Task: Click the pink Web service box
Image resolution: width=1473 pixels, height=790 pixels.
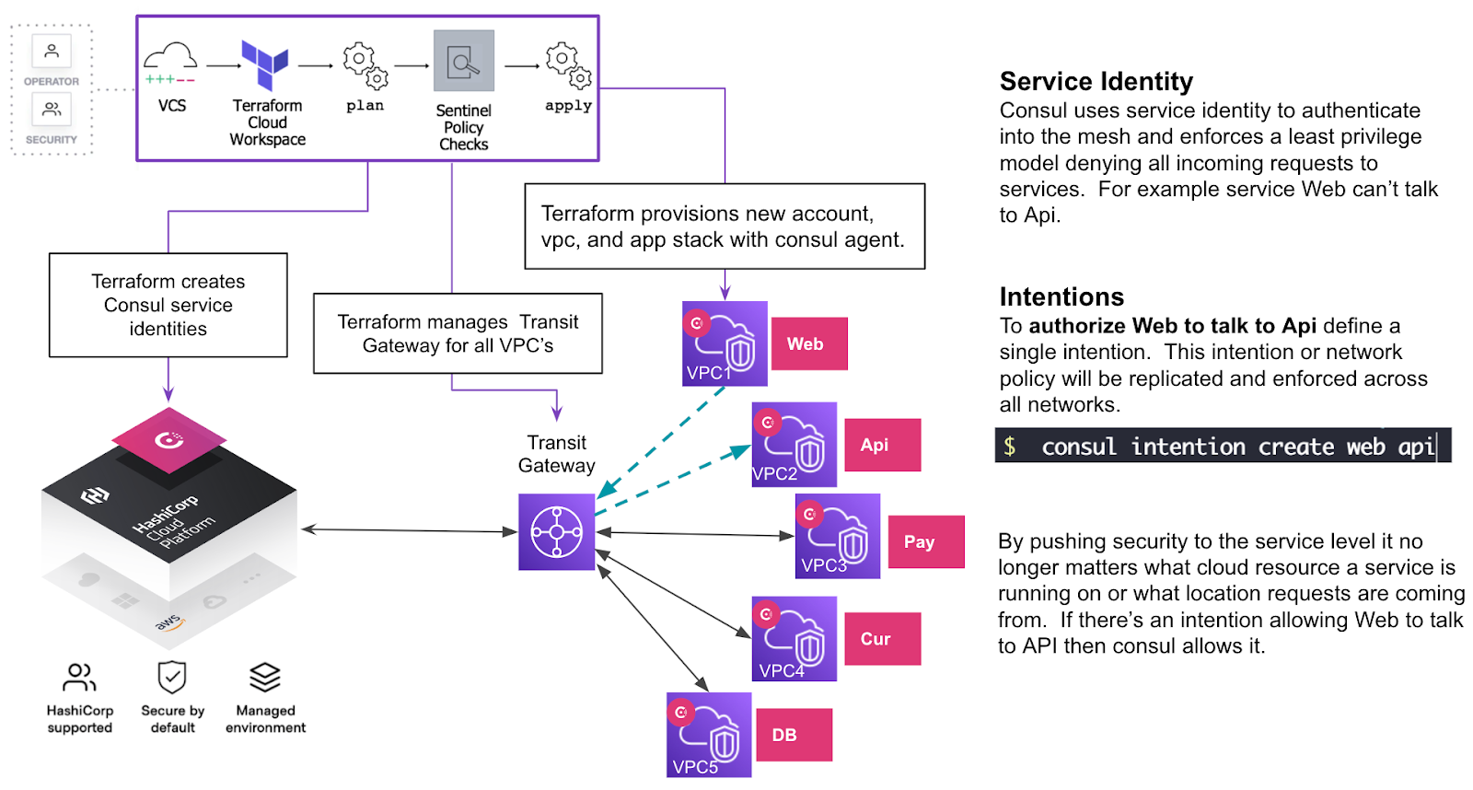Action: click(x=809, y=343)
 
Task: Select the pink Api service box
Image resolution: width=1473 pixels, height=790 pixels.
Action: click(x=882, y=445)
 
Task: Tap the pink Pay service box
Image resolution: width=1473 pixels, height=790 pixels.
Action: click(x=926, y=541)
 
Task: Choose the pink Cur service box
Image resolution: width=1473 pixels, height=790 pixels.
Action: click(x=882, y=638)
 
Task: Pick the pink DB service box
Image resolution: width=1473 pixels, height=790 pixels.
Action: click(x=794, y=735)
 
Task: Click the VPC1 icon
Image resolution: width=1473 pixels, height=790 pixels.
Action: click(x=725, y=343)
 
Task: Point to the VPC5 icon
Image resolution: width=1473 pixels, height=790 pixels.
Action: click(x=709, y=735)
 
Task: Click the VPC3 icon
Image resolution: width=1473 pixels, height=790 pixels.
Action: click(x=838, y=536)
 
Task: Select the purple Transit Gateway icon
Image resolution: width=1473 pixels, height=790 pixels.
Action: click(x=556, y=531)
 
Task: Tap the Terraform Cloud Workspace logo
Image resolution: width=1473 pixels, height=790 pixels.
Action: click(x=265, y=64)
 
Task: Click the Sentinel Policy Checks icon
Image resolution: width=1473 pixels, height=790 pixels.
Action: click(x=464, y=61)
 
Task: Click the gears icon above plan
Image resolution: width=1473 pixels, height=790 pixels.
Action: click(x=365, y=64)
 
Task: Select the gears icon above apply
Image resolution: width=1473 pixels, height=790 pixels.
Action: click(x=568, y=64)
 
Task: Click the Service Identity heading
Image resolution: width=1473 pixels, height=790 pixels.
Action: click(x=1096, y=82)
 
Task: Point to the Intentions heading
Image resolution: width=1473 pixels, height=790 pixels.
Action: click(x=1061, y=296)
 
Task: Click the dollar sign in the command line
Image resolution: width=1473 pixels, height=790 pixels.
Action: click(x=1010, y=447)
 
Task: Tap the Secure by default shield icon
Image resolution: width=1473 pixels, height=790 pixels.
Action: click(x=172, y=678)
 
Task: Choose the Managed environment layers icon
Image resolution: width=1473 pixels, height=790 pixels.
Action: click(x=265, y=678)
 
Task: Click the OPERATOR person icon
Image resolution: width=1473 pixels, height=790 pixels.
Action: click(x=52, y=51)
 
